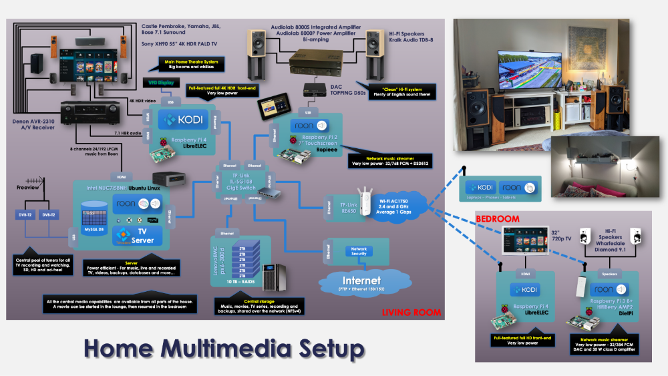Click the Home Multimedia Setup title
click(224, 349)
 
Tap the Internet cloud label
click(361, 280)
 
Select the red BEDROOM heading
click(498, 219)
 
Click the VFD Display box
click(164, 82)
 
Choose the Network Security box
click(359, 251)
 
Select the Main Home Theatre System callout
click(190, 64)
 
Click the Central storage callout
click(255, 307)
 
